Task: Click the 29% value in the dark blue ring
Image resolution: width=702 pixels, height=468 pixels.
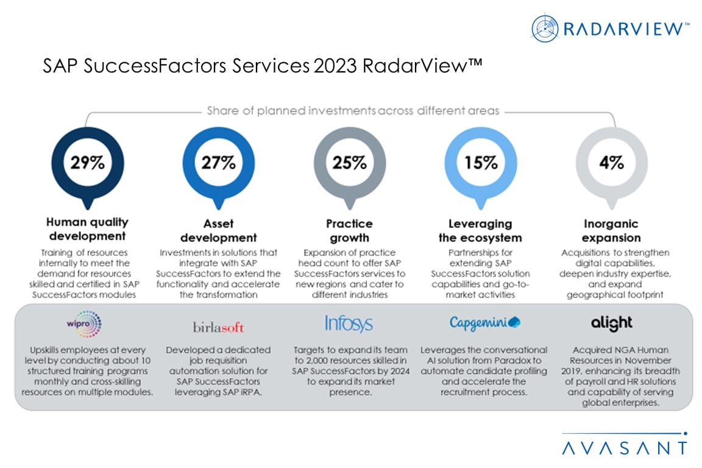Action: coord(88,163)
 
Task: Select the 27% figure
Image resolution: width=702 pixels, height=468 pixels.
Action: coord(219,163)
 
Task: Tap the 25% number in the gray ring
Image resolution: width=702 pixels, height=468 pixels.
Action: coord(349,163)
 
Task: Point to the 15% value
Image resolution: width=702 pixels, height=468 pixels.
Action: coord(481,163)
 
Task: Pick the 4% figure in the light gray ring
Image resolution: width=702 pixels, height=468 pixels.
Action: coord(611,163)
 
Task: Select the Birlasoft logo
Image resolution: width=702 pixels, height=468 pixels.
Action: coord(218,327)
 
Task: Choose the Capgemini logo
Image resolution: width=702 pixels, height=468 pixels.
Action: coord(485,323)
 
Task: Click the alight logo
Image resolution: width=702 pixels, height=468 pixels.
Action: coord(611,324)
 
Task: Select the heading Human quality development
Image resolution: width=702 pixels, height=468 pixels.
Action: coord(88,230)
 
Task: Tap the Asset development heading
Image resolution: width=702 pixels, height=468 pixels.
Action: coord(219,230)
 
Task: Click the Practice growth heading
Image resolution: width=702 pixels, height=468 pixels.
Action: coord(349,230)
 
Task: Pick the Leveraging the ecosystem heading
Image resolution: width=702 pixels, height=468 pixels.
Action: coord(480,230)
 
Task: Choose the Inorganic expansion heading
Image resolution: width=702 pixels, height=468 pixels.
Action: coord(611,230)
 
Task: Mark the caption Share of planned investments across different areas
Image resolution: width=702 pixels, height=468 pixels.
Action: coord(353,111)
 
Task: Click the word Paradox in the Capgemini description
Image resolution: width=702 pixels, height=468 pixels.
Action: coord(511,361)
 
